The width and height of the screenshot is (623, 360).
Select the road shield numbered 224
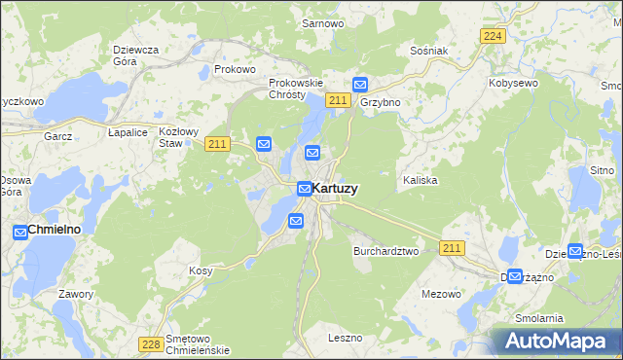click(493, 36)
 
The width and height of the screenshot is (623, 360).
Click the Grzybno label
click(380, 101)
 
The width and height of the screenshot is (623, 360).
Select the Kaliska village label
click(421, 181)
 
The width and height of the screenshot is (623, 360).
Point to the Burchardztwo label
click(385, 250)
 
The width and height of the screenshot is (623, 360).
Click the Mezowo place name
click(441, 293)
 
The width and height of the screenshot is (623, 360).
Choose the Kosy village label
click(201, 270)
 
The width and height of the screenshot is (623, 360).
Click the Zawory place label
click(75, 294)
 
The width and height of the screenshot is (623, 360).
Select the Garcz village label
click(58, 136)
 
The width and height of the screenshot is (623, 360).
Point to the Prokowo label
click(235, 69)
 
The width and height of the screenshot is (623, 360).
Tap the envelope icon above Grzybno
click(360, 85)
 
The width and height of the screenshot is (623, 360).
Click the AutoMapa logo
click(558, 341)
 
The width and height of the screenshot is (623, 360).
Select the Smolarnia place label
click(539, 318)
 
